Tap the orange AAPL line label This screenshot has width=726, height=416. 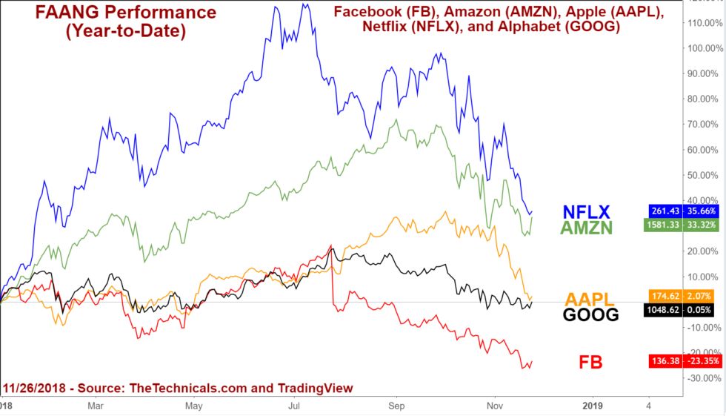pyautogui.click(x=590, y=299)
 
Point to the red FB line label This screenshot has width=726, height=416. pyautogui.click(x=590, y=363)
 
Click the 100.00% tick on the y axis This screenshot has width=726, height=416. pyautogui.click(x=704, y=48)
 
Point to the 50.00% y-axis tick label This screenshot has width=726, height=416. pyautogui.click(x=704, y=175)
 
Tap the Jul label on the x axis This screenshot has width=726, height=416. pyautogui.click(x=295, y=406)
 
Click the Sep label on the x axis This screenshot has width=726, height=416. pyautogui.click(x=397, y=406)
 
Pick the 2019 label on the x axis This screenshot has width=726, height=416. pyautogui.click(x=594, y=406)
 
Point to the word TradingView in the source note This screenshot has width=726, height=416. pyautogui.click(x=315, y=388)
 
